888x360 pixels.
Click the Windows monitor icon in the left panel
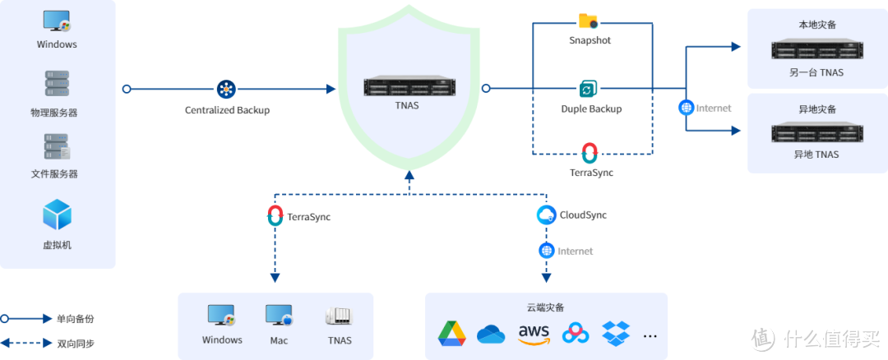[57, 21]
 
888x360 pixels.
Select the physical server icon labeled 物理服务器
[57, 84]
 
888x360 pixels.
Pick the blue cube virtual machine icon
[57, 215]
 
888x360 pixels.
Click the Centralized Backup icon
[225, 89]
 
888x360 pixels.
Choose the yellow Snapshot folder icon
[588, 21]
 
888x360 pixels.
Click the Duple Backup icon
[589, 89]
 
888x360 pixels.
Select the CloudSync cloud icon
[547, 215]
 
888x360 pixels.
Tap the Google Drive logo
[451, 333]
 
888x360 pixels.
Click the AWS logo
[534, 333]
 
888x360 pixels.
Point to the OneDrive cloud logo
[491, 334]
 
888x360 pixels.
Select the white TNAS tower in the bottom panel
[339, 317]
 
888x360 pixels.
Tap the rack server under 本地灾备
[816, 50]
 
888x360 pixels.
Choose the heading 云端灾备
[546, 307]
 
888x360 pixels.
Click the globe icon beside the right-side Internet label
[687, 107]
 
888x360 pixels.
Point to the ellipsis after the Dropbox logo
[650, 335]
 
